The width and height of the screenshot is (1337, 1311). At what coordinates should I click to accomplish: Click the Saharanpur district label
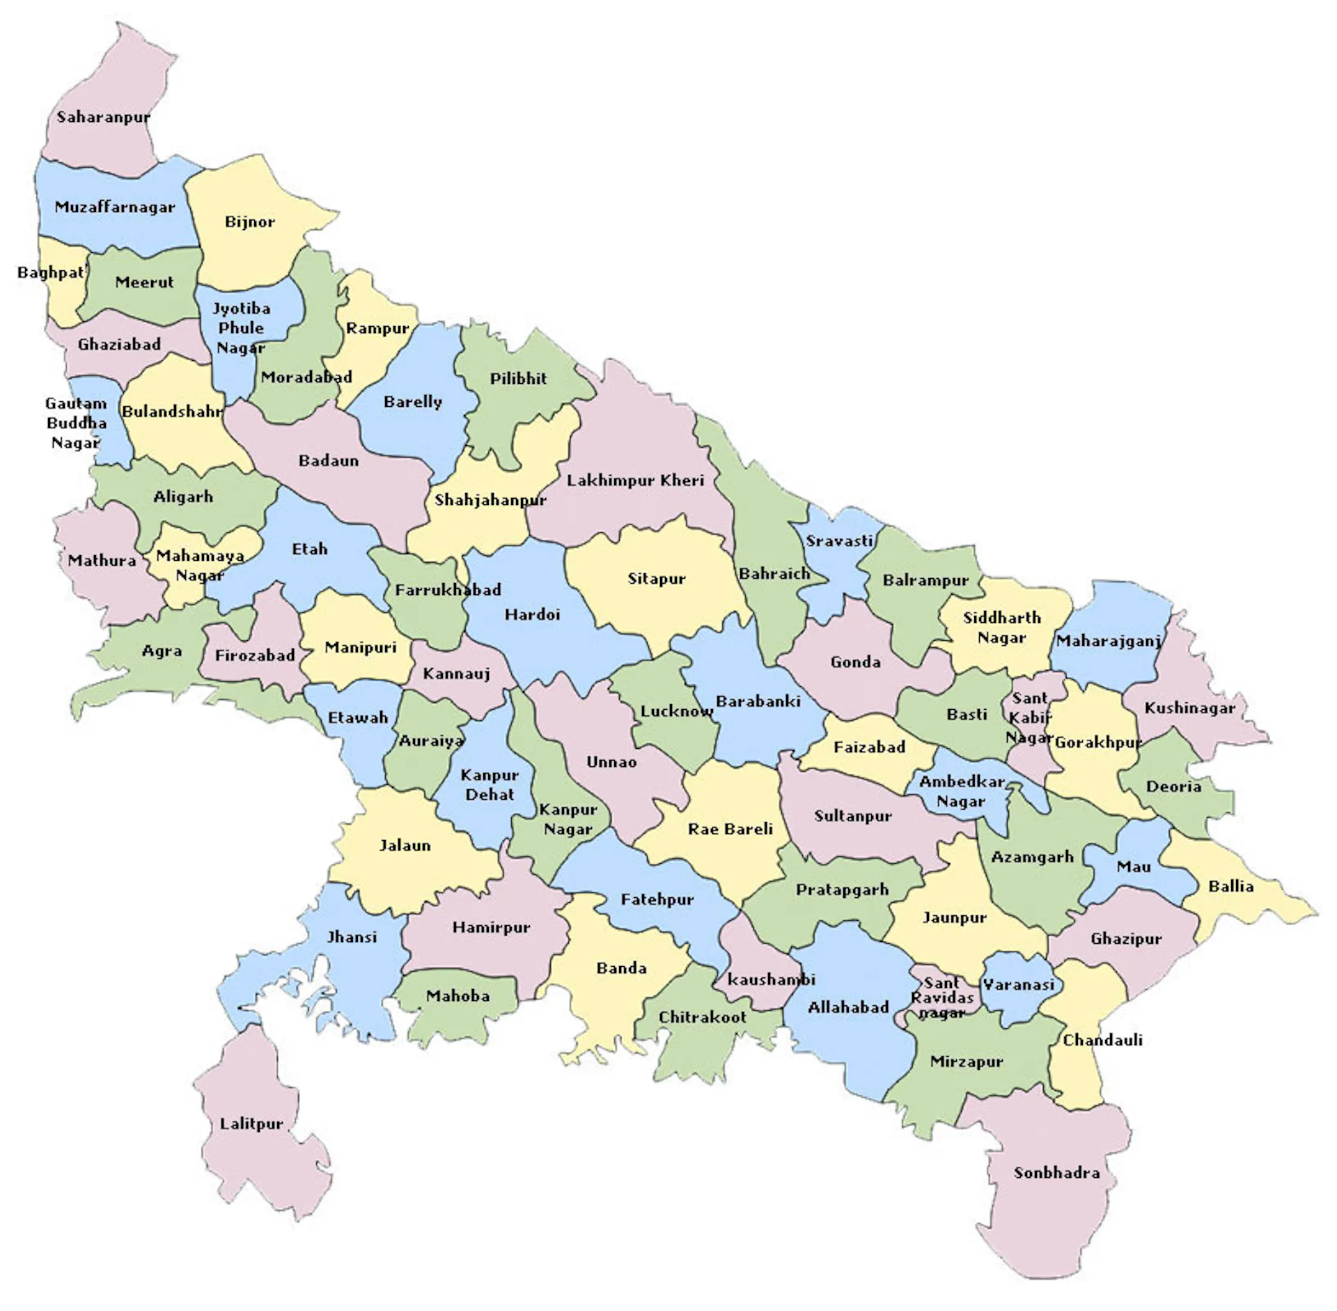[103, 117]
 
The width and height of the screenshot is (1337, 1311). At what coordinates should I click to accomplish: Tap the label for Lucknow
[676, 711]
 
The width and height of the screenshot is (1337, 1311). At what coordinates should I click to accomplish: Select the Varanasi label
[1017, 985]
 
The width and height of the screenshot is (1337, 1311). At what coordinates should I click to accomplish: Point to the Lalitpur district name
[251, 1124]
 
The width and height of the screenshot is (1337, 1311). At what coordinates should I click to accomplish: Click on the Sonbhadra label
[1056, 1173]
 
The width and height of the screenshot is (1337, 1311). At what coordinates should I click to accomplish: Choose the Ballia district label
[1230, 886]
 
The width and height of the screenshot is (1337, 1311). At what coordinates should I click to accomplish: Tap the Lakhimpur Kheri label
[635, 480]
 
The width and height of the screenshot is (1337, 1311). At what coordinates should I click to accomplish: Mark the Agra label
[162, 651]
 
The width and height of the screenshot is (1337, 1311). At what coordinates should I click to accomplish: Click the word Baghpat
[50, 272]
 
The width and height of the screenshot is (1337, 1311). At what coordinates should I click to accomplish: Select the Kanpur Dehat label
[490, 784]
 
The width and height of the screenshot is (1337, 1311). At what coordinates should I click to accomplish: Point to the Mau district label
[1133, 867]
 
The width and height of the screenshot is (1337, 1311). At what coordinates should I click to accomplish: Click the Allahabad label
[848, 1007]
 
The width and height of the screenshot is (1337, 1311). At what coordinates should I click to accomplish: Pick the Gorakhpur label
[1097, 743]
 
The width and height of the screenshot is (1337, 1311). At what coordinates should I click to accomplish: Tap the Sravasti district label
[838, 541]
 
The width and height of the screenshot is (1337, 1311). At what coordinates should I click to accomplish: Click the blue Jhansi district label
[352, 937]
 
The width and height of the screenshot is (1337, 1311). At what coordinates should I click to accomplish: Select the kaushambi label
[771, 979]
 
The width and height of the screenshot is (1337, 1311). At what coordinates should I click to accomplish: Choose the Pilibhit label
[518, 378]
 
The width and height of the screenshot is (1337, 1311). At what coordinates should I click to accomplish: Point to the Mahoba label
[458, 996]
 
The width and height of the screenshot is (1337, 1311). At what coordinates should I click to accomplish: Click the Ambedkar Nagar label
[961, 791]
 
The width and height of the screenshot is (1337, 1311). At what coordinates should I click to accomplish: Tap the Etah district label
[309, 549]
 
